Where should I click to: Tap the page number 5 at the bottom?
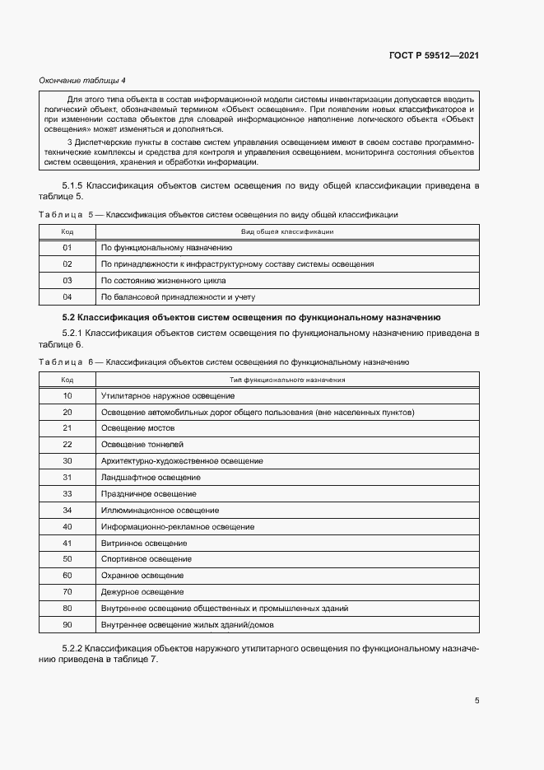coord(477,701)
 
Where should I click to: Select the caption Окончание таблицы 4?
coord(82,80)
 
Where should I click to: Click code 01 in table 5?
coord(67,247)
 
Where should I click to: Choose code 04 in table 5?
coord(67,296)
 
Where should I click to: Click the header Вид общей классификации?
coord(286,231)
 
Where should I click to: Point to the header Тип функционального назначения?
coord(286,380)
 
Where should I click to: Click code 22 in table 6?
coord(67,444)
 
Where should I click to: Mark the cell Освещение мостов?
coord(137,428)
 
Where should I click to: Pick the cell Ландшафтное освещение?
coord(151,477)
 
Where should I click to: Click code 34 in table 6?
coord(67,510)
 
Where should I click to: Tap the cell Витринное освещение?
coord(144,543)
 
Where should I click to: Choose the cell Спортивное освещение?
coord(146,559)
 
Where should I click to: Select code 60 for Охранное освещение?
coord(67,575)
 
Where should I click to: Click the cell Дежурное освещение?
coord(142,591)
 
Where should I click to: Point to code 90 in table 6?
coord(67,624)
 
